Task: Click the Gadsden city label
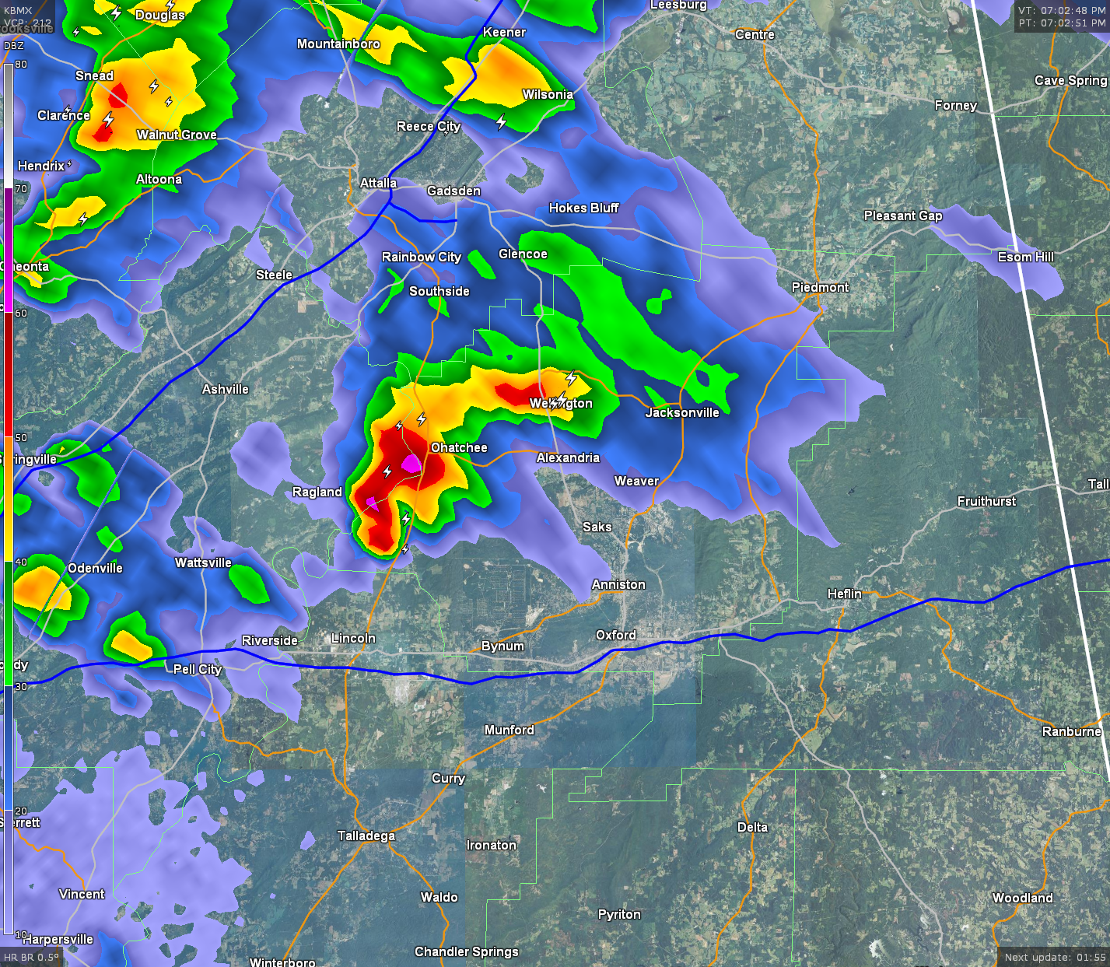[x=453, y=191]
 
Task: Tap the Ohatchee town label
[x=459, y=447]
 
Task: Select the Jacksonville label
[x=682, y=412]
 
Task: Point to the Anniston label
[x=618, y=584]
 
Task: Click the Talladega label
[x=366, y=836]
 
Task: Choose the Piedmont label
[x=820, y=287]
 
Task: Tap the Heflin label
[x=844, y=594]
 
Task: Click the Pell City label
[x=198, y=669]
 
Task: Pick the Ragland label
[x=317, y=492]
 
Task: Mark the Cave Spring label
[x=1070, y=80]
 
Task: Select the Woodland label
[x=1022, y=898]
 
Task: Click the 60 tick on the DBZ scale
[x=20, y=313]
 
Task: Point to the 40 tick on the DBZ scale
[x=20, y=562]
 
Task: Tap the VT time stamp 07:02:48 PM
[x=1062, y=10]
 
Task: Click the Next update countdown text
[x=1055, y=957]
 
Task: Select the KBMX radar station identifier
[x=18, y=10]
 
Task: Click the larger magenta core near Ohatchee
[x=411, y=464]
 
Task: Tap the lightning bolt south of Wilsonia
[x=502, y=121]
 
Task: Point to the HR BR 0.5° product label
[x=31, y=957]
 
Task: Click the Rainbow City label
[x=421, y=257]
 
